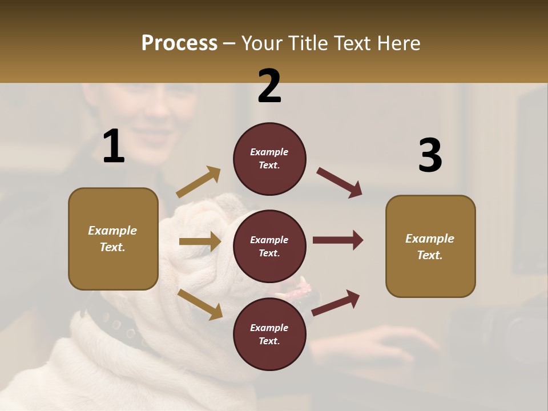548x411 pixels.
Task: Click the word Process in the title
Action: click(179, 43)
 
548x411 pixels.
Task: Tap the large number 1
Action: click(114, 147)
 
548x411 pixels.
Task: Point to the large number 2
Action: click(269, 86)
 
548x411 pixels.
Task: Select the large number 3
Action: click(430, 156)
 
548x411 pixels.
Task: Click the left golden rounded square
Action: click(113, 239)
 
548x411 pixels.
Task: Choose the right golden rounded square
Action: click(430, 246)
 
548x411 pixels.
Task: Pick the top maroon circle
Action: click(269, 159)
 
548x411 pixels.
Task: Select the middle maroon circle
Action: click(269, 246)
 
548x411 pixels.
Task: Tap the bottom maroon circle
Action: click(269, 334)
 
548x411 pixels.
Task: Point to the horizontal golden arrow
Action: click(200, 241)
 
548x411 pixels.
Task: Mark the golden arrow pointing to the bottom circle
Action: click(200, 304)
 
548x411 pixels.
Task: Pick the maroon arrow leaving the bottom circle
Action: click(336, 303)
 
